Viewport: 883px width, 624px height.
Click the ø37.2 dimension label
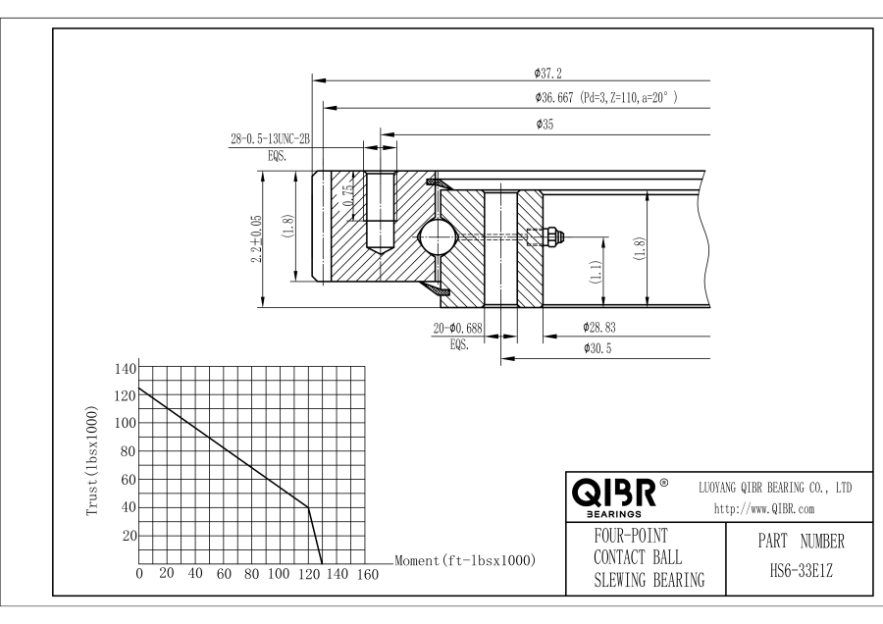click(x=548, y=73)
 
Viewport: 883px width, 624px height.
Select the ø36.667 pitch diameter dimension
click(x=607, y=98)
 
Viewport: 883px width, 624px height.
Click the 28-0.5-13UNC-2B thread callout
click(x=270, y=140)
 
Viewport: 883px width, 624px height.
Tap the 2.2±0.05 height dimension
click(x=258, y=237)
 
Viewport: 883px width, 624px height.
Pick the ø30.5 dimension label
click(x=597, y=348)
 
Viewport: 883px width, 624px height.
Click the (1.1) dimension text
click(x=597, y=271)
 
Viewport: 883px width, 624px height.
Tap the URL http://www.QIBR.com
click(x=774, y=508)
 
